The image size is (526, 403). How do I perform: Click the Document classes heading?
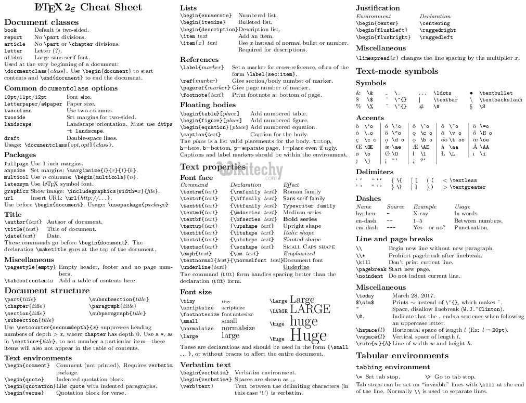tap(41, 22)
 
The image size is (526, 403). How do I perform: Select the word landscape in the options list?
tap(18, 124)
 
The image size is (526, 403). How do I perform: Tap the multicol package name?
tap(16, 177)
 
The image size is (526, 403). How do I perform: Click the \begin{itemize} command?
tap(206, 22)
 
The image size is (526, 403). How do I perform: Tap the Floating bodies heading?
tap(208, 105)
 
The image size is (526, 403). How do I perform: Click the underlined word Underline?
tap(296, 267)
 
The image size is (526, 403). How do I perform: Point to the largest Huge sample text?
tap(308, 335)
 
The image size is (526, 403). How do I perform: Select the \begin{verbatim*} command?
tap(206, 379)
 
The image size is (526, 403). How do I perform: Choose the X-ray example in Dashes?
tap(420, 213)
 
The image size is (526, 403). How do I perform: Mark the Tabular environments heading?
tap(402, 356)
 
